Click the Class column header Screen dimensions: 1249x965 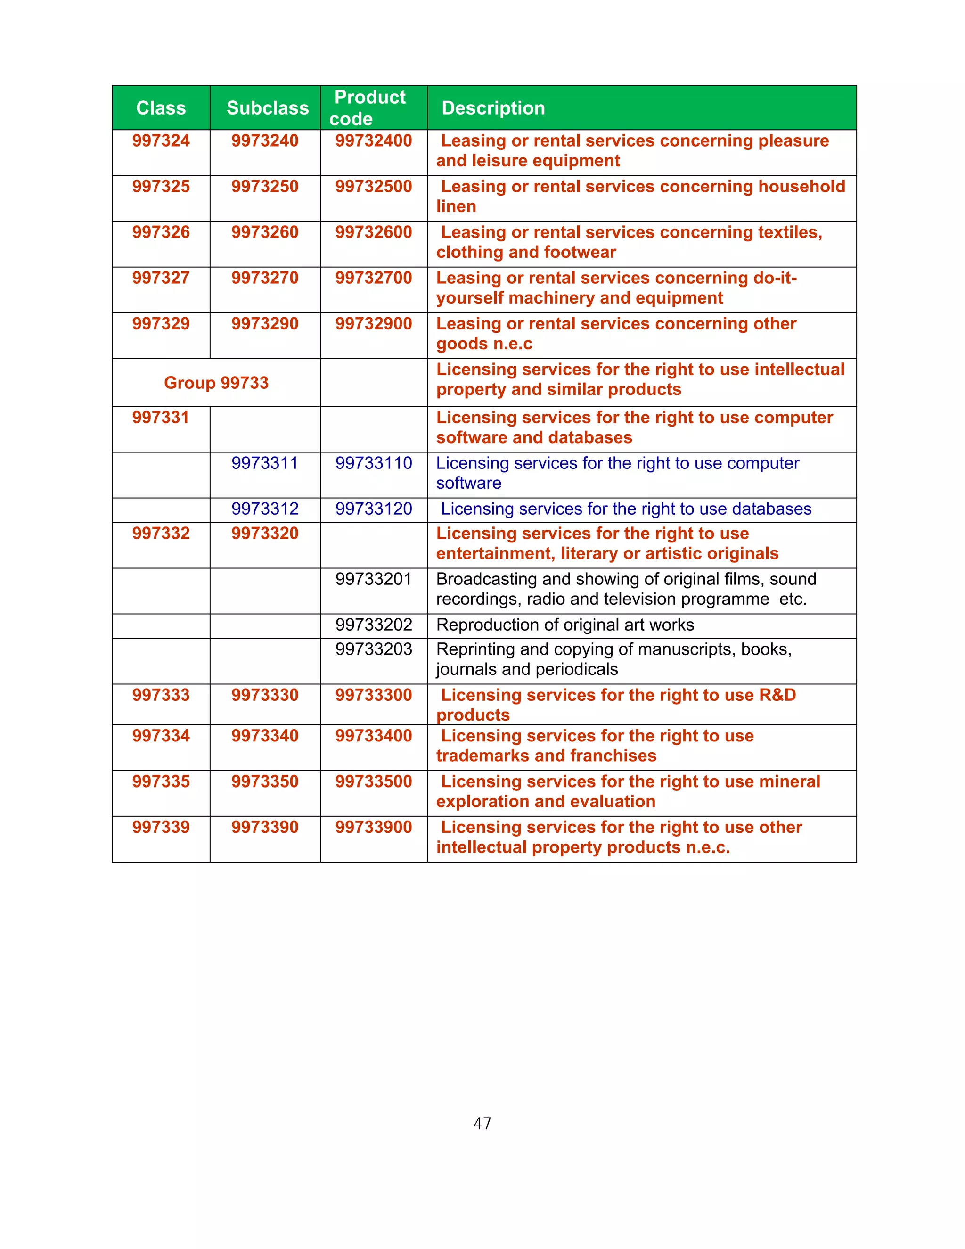point(161,108)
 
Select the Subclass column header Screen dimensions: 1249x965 point(268,108)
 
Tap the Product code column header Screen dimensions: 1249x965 point(370,108)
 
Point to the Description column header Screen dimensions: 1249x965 point(493,108)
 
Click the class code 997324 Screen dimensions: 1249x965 point(161,140)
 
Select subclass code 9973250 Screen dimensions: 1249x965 point(265,187)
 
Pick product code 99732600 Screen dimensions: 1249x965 point(373,232)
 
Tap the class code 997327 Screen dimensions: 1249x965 point(161,278)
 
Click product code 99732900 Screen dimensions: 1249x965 point(373,324)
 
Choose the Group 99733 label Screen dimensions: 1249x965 point(216,383)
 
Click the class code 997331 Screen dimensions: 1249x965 point(161,418)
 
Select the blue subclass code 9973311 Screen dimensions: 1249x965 point(265,463)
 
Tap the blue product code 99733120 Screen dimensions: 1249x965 point(373,509)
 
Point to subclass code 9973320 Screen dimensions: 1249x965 point(265,534)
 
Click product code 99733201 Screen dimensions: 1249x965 point(373,579)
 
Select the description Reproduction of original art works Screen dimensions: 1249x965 point(565,625)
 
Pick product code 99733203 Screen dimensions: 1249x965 point(373,649)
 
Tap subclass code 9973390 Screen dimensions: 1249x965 point(265,827)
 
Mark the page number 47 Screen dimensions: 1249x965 point(482,1124)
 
